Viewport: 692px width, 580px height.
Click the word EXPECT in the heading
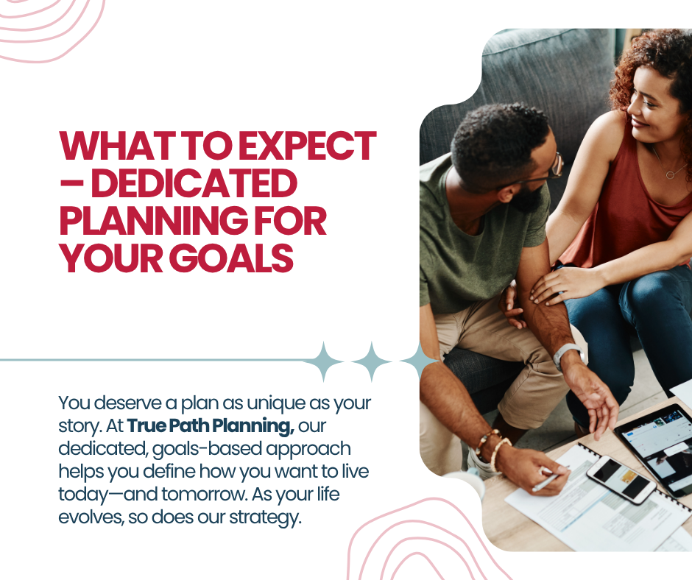(x=307, y=146)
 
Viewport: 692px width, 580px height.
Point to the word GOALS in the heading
(x=231, y=258)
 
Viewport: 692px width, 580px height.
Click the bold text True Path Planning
(x=211, y=425)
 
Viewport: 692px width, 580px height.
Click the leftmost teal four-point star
(x=324, y=361)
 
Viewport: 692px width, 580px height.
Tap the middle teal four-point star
(x=371, y=361)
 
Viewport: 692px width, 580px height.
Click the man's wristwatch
(x=568, y=356)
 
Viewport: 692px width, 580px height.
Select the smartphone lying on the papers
(x=621, y=480)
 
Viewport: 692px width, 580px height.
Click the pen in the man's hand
(x=547, y=482)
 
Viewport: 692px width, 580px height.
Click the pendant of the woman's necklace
(x=671, y=174)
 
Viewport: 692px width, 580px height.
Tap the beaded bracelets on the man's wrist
(x=493, y=448)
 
